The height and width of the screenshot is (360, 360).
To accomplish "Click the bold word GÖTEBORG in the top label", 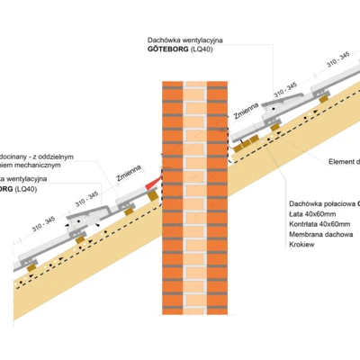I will click(x=167, y=52).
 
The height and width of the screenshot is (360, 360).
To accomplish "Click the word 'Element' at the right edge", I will click(x=344, y=161).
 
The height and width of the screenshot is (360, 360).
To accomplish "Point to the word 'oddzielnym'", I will click(x=76, y=156).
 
